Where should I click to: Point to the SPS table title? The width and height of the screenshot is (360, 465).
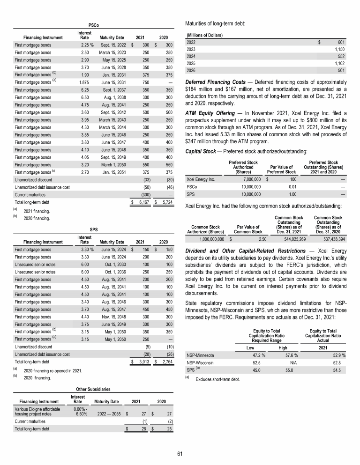94,229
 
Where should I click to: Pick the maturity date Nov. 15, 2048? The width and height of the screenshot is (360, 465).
113,317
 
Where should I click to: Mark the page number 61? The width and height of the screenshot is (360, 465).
180,453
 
